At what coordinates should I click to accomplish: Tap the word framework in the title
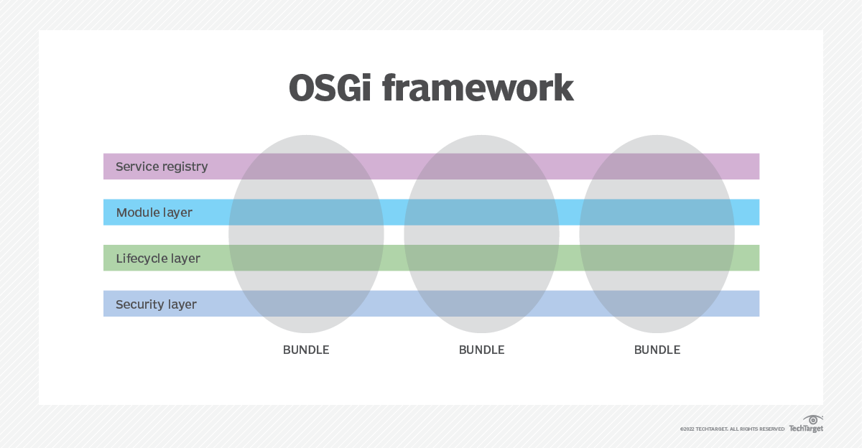(x=478, y=89)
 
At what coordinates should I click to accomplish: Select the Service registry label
(x=162, y=167)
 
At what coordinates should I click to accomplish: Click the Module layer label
(x=154, y=213)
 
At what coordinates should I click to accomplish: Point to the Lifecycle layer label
(x=158, y=258)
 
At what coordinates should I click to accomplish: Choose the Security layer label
(x=156, y=304)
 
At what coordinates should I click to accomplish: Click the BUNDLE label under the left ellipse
(x=306, y=350)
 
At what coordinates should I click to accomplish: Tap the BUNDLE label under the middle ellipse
(x=481, y=350)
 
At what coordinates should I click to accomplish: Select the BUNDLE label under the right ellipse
(x=657, y=350)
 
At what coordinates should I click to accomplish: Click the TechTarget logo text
(x=806, y=429)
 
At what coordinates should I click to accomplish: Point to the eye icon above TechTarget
(x=813, y=419)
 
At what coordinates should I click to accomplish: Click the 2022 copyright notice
(x=732, y=429)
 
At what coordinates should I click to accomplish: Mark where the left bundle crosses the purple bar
(x=306, y=167)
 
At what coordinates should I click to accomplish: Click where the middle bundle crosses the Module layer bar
(x=481, y=213)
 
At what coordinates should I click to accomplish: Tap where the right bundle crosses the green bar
(x=657, y=258)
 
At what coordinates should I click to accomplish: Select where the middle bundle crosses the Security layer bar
(x=481, y=304)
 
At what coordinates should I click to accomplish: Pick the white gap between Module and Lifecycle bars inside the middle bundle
(x=481, y=235)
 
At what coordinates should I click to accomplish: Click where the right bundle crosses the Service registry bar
(x=657, y=167)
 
